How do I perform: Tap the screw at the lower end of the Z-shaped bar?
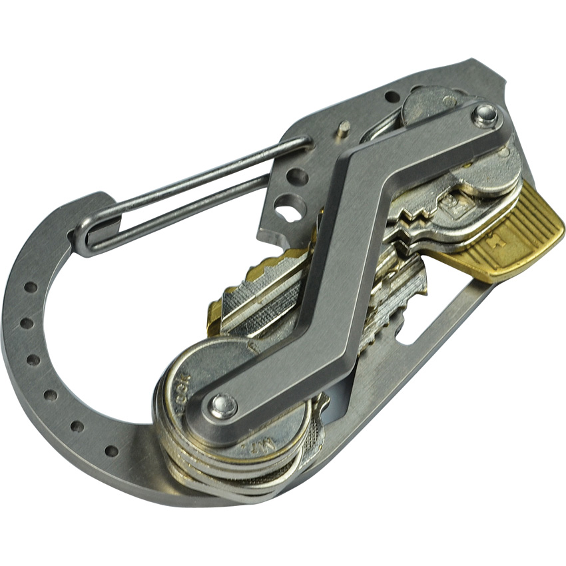pos(222,406)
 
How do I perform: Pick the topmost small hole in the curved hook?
pos(31,288)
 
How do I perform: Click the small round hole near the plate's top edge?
pos(393,98)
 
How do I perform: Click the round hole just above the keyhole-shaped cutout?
pos(298,176)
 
